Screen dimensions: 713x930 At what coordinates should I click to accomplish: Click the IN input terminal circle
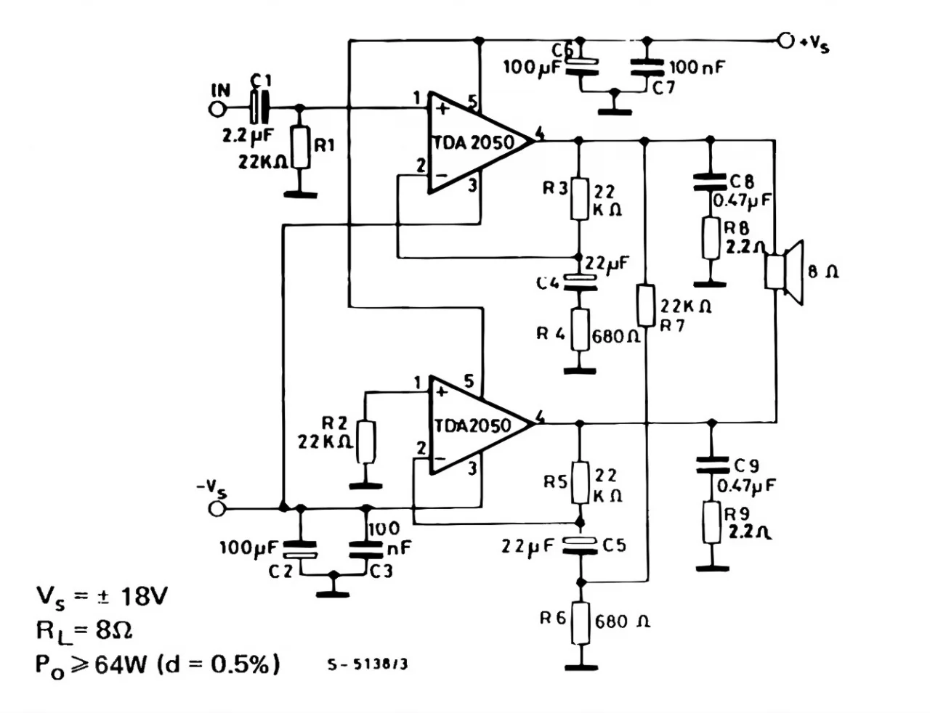coord(217,109)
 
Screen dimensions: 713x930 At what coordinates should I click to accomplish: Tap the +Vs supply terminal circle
coord(785,41)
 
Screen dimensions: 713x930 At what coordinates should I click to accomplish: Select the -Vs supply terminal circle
coord(217,508)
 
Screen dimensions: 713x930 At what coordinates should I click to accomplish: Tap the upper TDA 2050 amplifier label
coord(474,143)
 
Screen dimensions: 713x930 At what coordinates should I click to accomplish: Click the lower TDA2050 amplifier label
coord(472,425)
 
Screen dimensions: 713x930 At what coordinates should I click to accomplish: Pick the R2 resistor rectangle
coord(366,441)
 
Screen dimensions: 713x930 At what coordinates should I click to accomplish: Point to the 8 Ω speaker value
coord(822,272)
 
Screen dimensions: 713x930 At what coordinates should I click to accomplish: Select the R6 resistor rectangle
coord(580,623)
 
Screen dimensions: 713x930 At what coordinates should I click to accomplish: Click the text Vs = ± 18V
coord(102,597)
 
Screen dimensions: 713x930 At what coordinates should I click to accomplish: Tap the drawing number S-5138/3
coord(367,665)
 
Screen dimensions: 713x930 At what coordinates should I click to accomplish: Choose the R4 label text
coord(550,334)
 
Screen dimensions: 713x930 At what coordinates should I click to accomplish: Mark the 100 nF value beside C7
coord(697,68)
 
